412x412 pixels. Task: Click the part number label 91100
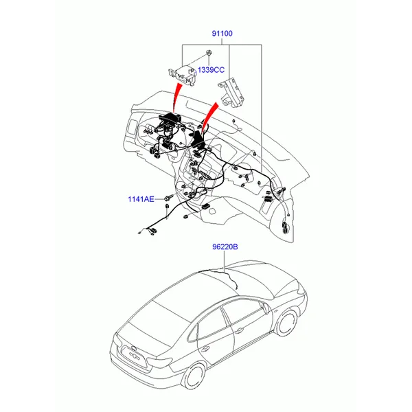click(222, 34)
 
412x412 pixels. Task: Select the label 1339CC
click(211, 70)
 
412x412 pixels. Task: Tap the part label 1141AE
click(141, 199)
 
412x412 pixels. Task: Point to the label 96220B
click(225, 247)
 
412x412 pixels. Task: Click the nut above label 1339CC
click(209, 53)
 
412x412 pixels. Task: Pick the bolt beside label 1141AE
click(169, 198)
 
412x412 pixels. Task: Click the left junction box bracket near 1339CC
click(183, 75)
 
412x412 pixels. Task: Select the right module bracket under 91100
click(231, 93)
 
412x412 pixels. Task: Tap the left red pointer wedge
click(177, 98)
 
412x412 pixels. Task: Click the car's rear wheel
click(196, 376)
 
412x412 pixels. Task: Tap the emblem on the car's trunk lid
click(133, 348)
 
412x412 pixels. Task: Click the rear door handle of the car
click(204, 349)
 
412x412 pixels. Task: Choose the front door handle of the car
click(238, 330)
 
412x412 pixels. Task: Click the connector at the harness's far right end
click(285, 227)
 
